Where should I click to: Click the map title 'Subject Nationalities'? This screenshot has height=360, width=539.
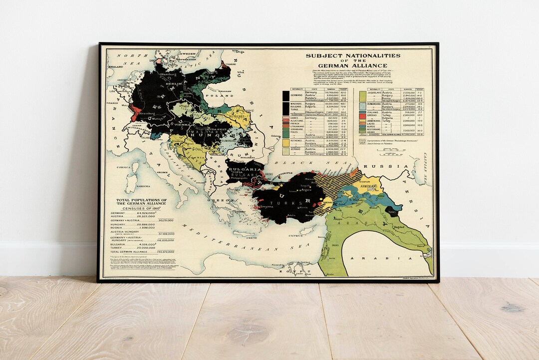point(353,56)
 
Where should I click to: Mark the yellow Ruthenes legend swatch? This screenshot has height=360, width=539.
point(285,142)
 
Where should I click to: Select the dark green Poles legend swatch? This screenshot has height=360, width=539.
point(285,132)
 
